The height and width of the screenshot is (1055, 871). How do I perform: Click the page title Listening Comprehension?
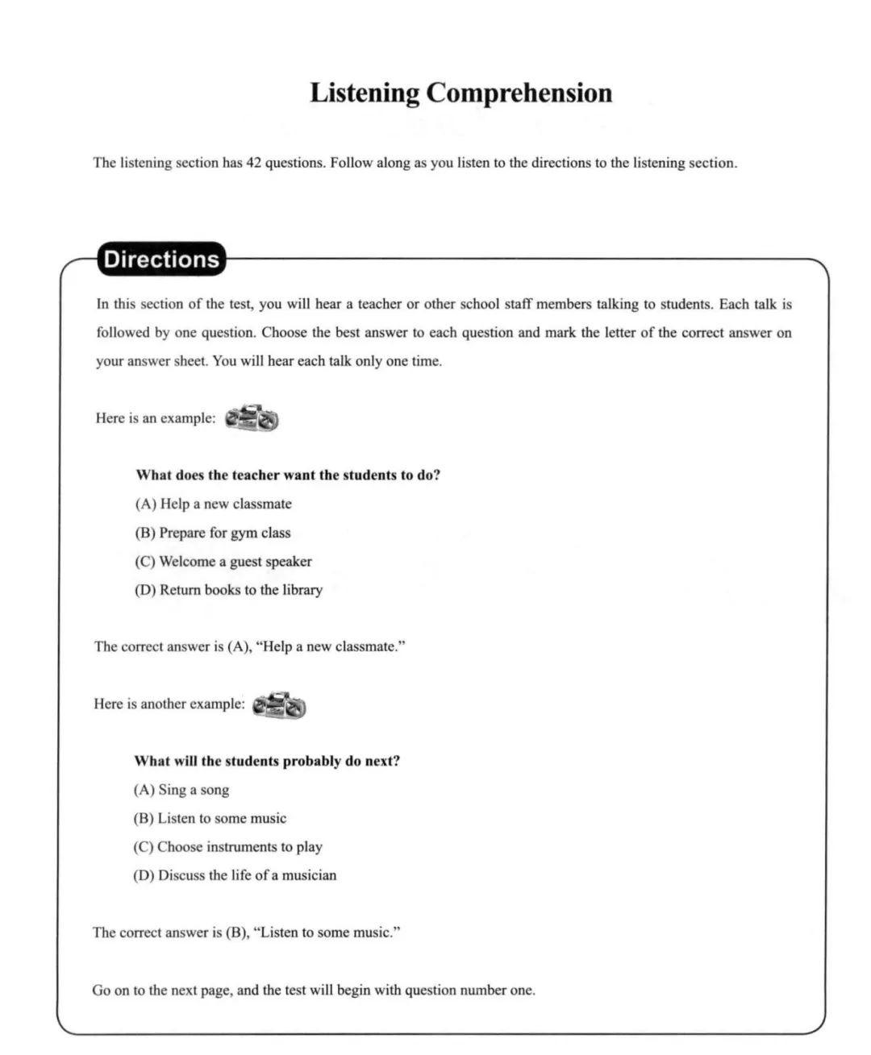pyautogui.click(x=461, y=93)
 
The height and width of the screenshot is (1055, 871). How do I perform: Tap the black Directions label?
pyautogui.click(x=161, y=260)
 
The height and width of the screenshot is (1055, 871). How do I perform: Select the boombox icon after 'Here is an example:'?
pyautogui.click(x=252, y=418)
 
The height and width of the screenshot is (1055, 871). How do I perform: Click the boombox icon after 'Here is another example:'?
pyautogui.click(x=279, y=705)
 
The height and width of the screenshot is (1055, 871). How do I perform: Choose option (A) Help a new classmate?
pyautogui.click(x=214, y=504)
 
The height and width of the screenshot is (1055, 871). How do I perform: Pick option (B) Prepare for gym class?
pyautogui.click(x=213, y=533)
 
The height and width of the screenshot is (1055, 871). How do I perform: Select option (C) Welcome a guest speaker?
pyautogui.click(x=223, y=562)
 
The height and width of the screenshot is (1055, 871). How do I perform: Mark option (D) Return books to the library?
pyautogui.click(x=228, y=590)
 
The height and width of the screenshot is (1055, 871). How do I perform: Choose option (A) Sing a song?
pyautogui.click(x=181, y=790)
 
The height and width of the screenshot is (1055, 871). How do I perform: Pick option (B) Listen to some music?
pyautogui.click(x=210, y=818)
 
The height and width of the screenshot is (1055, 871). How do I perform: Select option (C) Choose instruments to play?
pyautogui.click(x=227, y=847)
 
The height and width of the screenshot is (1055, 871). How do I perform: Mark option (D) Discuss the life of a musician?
pyautogui.click(x=235, y=875)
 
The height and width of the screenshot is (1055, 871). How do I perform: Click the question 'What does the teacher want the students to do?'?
pyautogui.click(x=288, y=476)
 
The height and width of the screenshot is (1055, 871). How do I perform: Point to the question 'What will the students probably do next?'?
pyautogui.click(x=267, y=761)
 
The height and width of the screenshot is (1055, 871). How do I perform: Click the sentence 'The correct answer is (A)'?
pyautogui.click(x=249, y=646)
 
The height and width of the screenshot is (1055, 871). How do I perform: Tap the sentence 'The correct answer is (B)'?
pyautogui.click(x=246, y=932)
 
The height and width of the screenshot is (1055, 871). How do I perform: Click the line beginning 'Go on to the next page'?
pyautogui.click(x=313, y=990)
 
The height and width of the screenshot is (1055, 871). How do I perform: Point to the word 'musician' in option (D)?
pyautogui.click(x=309, y=875)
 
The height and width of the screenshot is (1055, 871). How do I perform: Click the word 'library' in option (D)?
pyautogui.click(x=302, y=590)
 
